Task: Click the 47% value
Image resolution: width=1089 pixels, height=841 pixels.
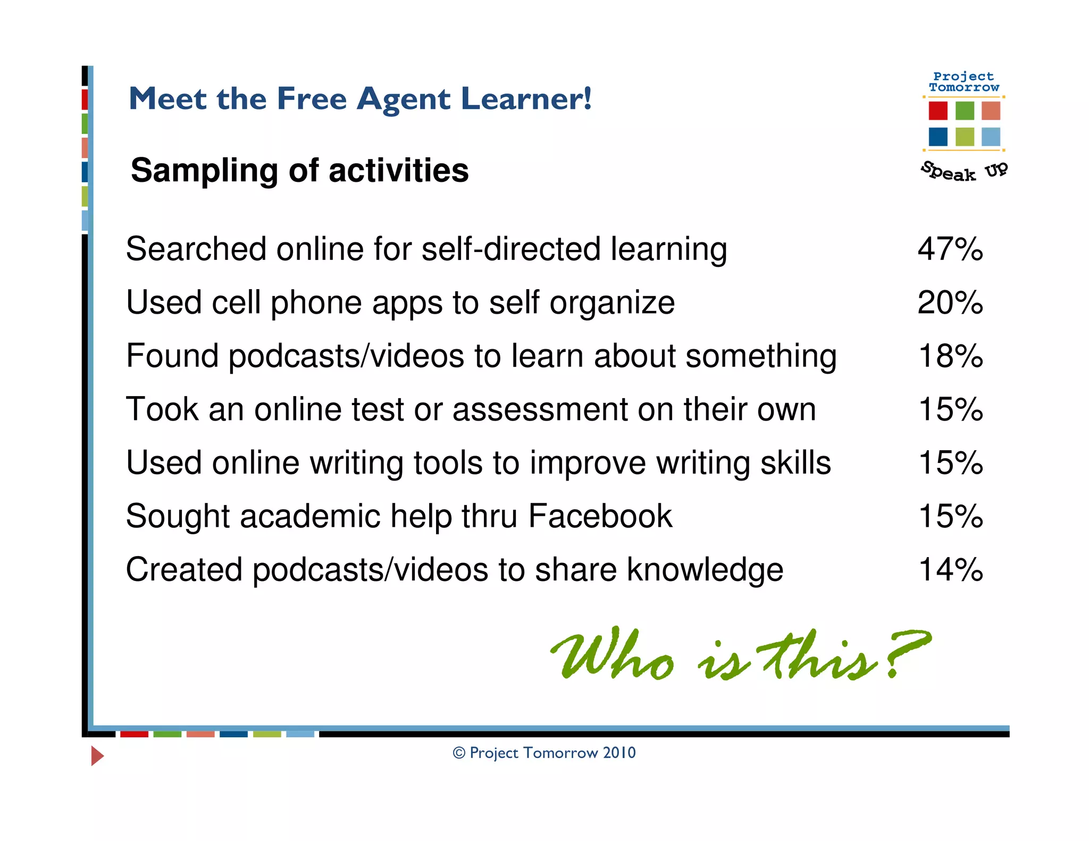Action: tap(950, 249)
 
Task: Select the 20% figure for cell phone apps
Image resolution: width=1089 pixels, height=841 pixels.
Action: tap(950, 302)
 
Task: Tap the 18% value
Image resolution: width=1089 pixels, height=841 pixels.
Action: tap(950, 356)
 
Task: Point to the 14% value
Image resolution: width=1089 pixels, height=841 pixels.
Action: tap(950, 569)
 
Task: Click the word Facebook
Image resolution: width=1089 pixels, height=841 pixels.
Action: tap(600, 516)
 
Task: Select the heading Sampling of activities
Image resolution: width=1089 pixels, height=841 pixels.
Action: tap(299, 170)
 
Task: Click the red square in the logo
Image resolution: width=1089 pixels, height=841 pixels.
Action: tap(938, 111)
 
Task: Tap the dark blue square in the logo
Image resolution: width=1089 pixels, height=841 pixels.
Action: tap(938, 137)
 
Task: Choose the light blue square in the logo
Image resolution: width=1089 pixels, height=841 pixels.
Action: tap(991, 137)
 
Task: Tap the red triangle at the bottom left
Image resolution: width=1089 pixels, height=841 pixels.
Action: tap(97, 755)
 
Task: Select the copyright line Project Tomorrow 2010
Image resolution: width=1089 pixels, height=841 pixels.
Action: tap(544, 753)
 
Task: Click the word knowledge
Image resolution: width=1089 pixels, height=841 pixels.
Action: tap(705, 569)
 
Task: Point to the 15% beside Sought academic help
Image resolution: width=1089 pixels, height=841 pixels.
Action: tap(950, 516)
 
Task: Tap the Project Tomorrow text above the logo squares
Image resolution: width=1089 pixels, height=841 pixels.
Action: tap(964, 82)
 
